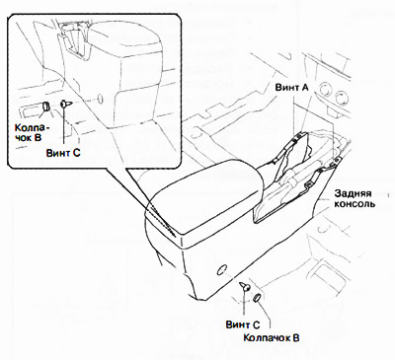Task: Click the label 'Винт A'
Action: (x=292, y=88)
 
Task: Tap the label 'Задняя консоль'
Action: (x=355, y=198)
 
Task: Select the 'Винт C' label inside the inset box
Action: (x=63, y=153)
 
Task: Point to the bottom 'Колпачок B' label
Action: (x=272, y=337)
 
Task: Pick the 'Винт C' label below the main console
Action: (x=243, y=324)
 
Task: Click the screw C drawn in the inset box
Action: (x=65, y=104)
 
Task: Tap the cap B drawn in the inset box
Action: (x=46, y=107)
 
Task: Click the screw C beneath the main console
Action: (x=245, y=286)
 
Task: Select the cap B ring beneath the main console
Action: (x=258, y=297)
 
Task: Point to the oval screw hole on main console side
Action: (x=222, y=269)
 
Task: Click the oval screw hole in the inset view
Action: (x=100, y=99)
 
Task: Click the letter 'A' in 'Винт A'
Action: (x=305, y=88)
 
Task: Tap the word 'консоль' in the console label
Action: (x=355, y=204)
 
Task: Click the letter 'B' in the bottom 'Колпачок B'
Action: (x=296, y=337)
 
